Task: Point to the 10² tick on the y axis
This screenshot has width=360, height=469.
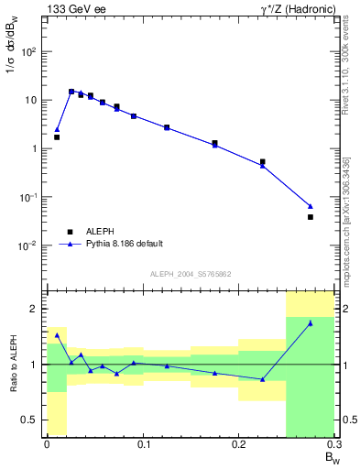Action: click(29, 51)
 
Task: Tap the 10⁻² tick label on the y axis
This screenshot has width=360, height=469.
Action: click(29, 245)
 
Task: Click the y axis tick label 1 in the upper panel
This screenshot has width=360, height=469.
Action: click(35, 148)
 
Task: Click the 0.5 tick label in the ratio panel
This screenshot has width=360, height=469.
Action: click(31, 420)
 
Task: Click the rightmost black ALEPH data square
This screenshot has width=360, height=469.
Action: click(311, 217)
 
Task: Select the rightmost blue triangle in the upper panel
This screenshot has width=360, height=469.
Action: click(311, 206)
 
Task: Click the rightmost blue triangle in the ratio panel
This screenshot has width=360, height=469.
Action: click(311, 323)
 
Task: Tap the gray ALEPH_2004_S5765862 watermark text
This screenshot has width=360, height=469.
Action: click(189, 274)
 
